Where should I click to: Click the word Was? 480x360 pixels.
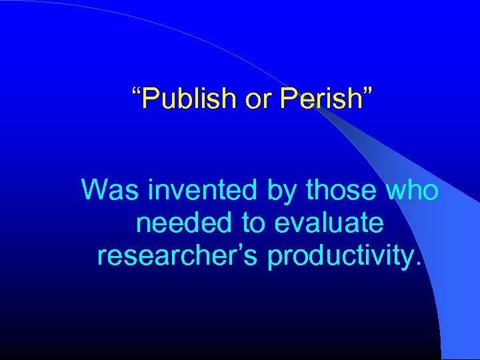pos(109,191)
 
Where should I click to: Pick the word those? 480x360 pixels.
pos(339,191)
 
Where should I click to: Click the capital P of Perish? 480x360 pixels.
pos(289,99)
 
